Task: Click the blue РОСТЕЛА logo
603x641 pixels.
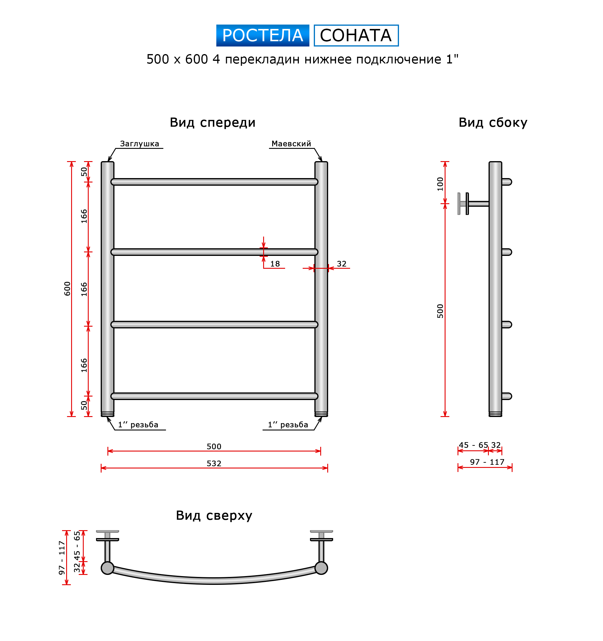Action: [x=263, y=35]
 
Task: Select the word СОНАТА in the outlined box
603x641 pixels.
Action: [x=356, y=35]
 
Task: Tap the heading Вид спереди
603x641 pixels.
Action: [x=213, y=123]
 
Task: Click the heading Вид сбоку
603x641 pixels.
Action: [x=493, y=123]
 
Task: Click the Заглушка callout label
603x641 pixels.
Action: [x=139, y=144]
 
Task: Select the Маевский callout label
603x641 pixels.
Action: [x=291, y=144]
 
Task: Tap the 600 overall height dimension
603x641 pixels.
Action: [x=67, y=289]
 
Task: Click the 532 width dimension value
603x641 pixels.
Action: [x=214, y=463]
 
